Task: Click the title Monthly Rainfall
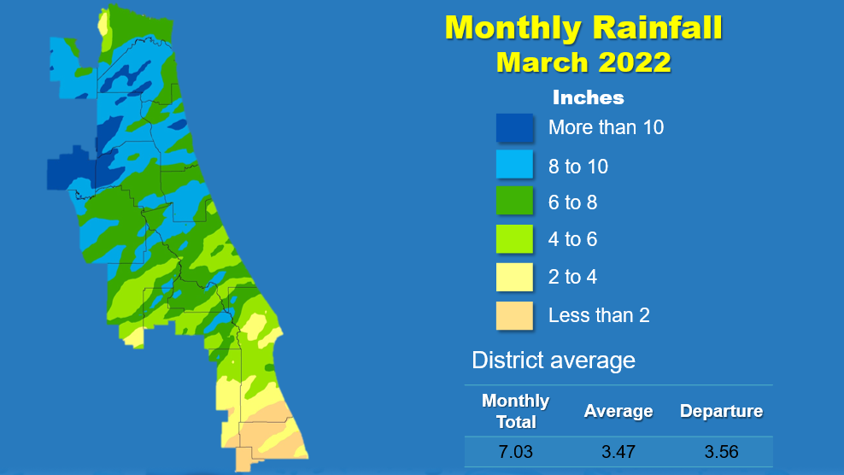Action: pos(583,27)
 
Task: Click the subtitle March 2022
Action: pos(583,62)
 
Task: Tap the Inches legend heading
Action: pos(589,97)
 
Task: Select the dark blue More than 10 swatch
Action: pos(514,127)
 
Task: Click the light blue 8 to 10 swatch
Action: pos(514,164)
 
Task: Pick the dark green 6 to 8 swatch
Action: pos(514,201)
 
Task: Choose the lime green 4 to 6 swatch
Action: pos(514,238)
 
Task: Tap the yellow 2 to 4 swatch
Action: pos(514,277)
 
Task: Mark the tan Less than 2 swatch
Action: pos(514,315)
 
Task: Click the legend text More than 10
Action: pos(606,127)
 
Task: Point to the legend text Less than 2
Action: pos(599,315)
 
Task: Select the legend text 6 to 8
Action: pos(572,202)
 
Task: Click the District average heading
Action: pos(554,361)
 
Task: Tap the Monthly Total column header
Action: pos(516,411)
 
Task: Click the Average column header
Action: pos(618,411)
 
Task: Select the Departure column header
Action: pos(721,411)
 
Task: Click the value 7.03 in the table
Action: pos(516,451)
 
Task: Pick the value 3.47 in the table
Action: pos(618,451)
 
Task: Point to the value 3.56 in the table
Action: pos(721,451)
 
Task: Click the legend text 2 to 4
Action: pos(572,277)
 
